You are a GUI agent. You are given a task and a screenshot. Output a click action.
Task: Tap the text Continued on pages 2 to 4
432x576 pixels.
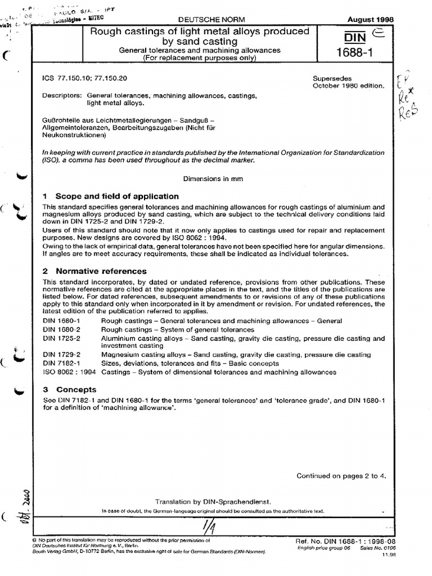tap(341, 476)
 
